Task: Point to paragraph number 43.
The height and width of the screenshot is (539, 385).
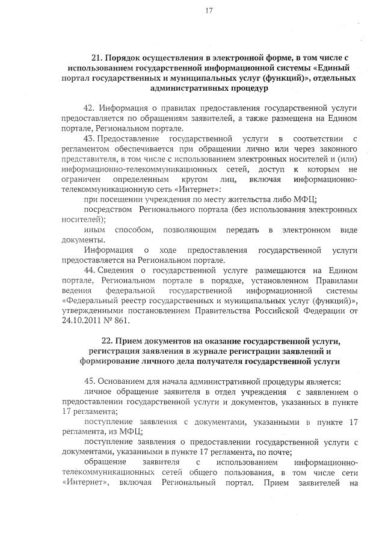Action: click(x=90, y=138)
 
